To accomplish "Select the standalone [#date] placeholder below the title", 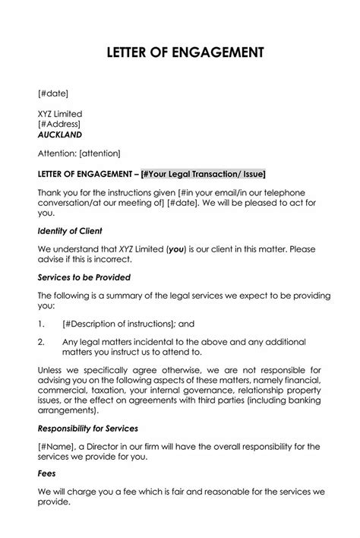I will (x=53, y=93).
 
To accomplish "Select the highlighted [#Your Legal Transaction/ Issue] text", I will (x=204, y=172).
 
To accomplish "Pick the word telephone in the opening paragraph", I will (x=281, y=192).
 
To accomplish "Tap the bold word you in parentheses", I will (x=175, y=248).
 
